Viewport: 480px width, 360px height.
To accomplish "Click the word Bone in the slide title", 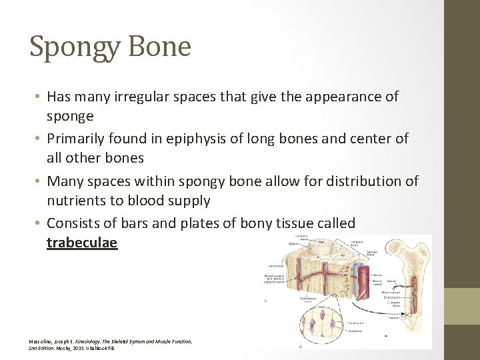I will (x=162, y=47).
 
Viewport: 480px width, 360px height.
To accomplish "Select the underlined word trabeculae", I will (x=82, y=242).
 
